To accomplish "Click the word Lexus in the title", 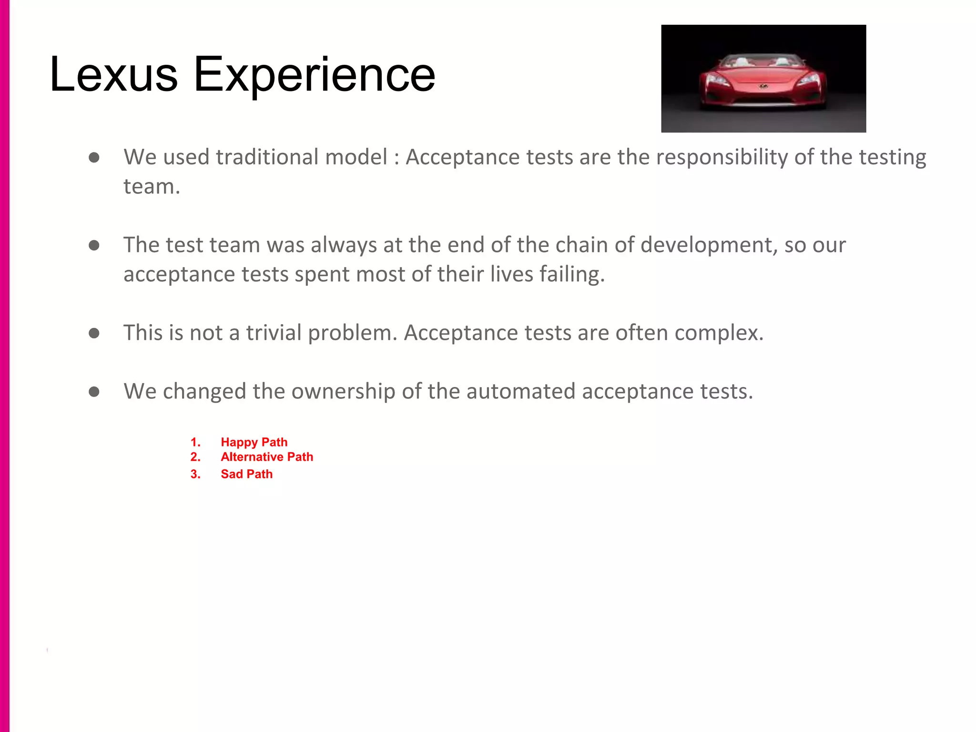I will point(113,74).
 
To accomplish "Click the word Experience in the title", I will point(314,75).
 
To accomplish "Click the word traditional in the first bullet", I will point(267,157).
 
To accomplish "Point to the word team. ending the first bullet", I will point(152,187).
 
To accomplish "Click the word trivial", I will point(274,333).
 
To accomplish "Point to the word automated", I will point(521,391).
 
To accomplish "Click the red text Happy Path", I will point(254,442).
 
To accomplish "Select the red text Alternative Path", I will point(267,457).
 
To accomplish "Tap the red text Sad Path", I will point(246,474).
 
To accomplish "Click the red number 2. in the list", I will point(195,457).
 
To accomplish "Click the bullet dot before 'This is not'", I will point(94,333).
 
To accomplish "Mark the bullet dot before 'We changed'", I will point(94,392).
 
